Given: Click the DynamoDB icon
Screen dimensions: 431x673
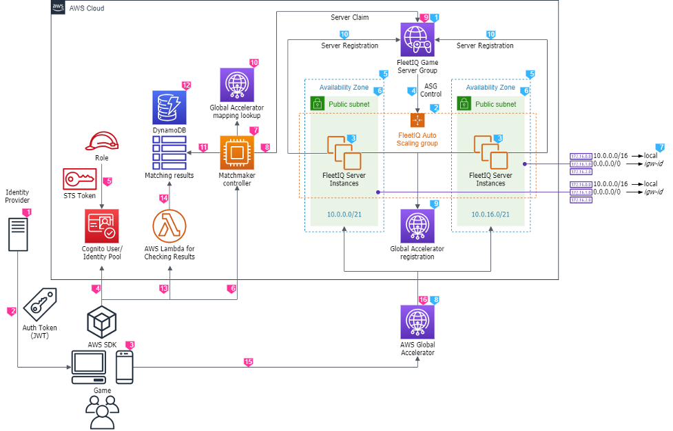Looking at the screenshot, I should (169, 108).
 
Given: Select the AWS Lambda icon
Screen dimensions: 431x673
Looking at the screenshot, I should (169, 226).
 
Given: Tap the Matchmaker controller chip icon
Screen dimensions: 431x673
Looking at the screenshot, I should (237, 152).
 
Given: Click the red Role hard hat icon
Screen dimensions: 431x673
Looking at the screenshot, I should (102, 141).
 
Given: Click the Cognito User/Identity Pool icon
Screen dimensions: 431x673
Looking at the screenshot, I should (102, 226).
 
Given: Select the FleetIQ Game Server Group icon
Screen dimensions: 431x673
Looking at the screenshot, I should (417, 39).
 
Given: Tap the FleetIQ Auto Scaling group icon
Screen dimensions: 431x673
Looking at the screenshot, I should (417, 119).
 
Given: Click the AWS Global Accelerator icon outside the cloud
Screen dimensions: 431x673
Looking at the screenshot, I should (417, 322).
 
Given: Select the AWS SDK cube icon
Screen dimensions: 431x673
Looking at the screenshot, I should (102, 321).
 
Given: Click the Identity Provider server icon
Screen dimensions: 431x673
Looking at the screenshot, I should (19, 234).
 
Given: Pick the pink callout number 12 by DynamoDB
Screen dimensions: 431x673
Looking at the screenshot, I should (186, 85).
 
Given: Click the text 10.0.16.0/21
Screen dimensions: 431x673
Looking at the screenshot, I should (490, 214).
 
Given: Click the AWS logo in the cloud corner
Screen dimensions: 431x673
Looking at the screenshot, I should (59, 8).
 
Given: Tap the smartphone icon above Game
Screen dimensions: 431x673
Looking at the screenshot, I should (125, 367).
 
